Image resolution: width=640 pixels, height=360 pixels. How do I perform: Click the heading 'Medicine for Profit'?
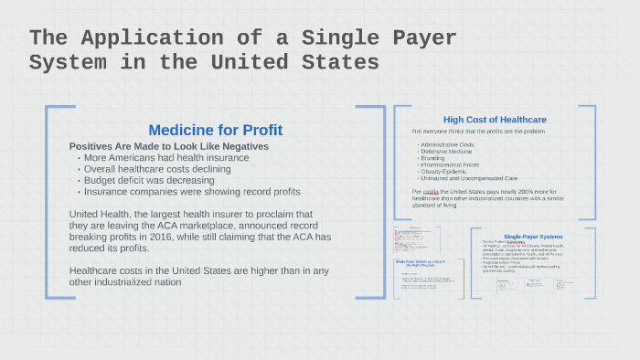[x=215, y=130]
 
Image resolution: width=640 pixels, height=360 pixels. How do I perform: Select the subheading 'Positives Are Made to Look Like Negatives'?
[x=168, y=146]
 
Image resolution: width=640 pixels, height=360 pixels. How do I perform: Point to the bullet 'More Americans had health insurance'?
[x=166, y=157]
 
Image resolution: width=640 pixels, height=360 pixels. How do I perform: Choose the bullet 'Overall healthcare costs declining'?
[x=160, y=169]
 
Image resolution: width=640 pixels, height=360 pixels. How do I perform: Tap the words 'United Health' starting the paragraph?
[x=101, y=214]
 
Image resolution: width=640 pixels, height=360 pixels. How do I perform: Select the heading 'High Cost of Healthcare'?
[x=495, y=120]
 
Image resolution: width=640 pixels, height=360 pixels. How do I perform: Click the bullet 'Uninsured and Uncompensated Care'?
[x=468, y=178]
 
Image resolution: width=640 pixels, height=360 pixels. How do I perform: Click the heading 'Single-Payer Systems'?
[x=533, y=237]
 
